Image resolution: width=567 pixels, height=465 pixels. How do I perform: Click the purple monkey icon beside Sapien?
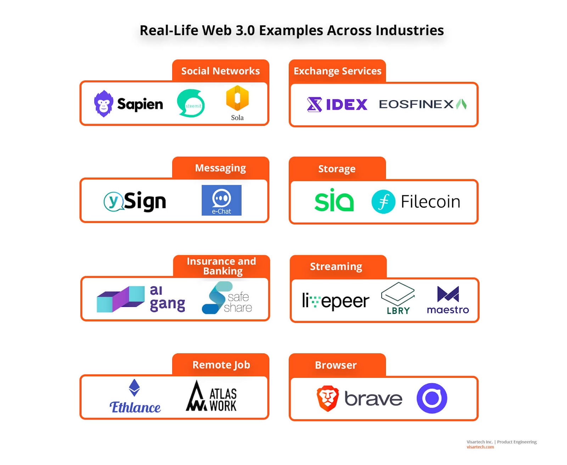tap(103, 103)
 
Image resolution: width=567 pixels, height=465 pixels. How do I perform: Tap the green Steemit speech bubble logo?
tap(191, 103)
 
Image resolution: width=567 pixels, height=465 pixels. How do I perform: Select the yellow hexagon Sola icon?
tap(237, 98)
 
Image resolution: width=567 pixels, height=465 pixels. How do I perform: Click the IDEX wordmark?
tap(347, 104)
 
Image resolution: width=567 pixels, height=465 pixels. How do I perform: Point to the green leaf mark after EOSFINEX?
tap(461, 104)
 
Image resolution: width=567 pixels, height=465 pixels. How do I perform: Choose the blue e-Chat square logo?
tap(221, 200)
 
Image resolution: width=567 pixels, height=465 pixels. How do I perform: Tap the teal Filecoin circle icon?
tap(383, 201)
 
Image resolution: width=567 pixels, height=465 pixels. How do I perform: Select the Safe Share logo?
tap(227, 297)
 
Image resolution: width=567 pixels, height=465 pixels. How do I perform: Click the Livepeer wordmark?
tap(336, 301)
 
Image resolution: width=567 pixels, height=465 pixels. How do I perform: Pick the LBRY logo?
tap(398, 298)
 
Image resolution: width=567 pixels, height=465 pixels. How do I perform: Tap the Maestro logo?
tap(448, 299)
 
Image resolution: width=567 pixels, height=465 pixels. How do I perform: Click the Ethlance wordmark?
tap(135, 407)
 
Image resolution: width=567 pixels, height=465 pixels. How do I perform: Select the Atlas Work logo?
tap(211, 396)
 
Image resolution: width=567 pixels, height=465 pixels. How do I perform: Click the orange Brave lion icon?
tap(327, 398)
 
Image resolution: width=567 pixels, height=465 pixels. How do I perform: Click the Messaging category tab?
tap(220, 168)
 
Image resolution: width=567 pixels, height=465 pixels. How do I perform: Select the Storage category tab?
tap(337, 168)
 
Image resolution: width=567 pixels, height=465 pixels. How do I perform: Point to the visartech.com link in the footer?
tap(480, 447)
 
